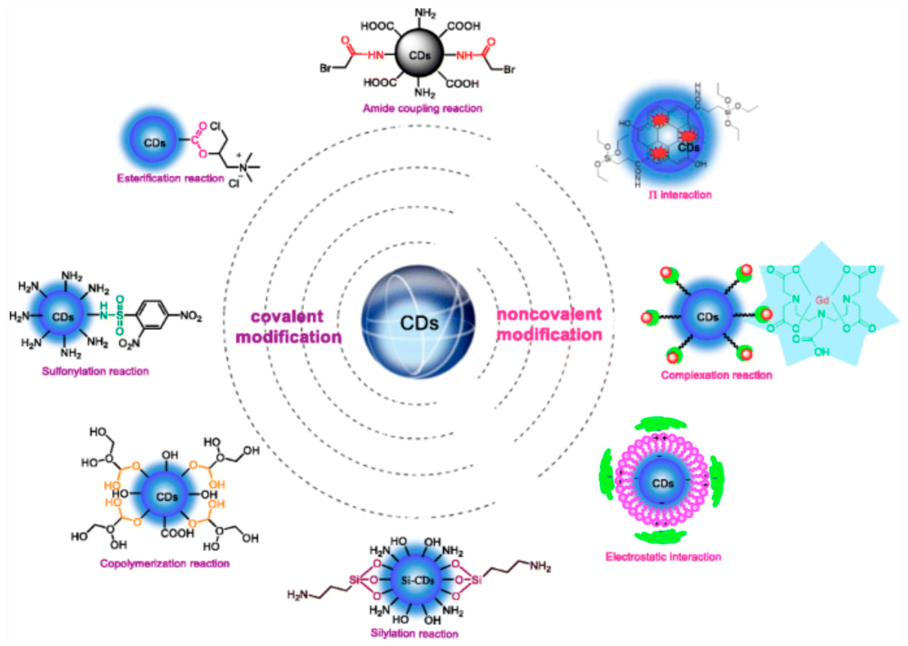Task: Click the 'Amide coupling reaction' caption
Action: pyautogui.click(x=422, y=108)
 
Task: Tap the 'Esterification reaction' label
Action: pyautogui.click(x=170, y=178)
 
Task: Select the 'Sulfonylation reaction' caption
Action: pyautogui.click(x=95, y=371)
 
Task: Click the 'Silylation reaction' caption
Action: pyautogui.click(x=414, y=633)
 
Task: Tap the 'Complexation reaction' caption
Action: pyautogui.click(x=716, y=375)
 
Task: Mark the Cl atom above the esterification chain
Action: pyautogui.click(x=215, y=126)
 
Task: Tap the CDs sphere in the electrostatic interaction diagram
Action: pyautogui.click(x=663, y=483)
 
